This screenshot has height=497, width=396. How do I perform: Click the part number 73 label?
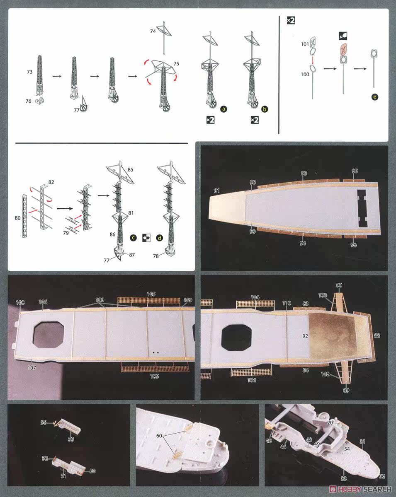click(29, 72)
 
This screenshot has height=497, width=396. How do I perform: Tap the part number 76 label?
click(28, 101)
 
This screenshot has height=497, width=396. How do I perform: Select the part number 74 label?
click(153, 31)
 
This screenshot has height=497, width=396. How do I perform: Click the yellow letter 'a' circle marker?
click(224, 109)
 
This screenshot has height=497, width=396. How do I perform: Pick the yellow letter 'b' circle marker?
click(265, 109)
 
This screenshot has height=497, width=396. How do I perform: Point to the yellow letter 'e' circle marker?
click(375, 97)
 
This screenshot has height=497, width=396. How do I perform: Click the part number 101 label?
click(305, 44)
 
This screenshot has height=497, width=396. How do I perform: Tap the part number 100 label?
click(305, 75)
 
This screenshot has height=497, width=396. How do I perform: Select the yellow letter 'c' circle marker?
click(133, 238)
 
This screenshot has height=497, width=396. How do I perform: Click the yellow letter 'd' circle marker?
click(159, 238)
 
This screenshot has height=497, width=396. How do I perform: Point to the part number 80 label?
click(17, 218)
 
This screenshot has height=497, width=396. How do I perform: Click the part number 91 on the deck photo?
click(216, 191)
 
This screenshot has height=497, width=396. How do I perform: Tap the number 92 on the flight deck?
click(305, 336)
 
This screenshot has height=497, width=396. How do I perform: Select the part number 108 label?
click(20, 302)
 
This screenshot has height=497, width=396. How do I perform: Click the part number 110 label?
click(287, 303)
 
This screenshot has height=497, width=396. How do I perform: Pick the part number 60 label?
click(159, 436)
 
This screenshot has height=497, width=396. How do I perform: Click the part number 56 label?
click(44, 422)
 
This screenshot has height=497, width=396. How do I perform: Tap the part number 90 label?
click(339, 285)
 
